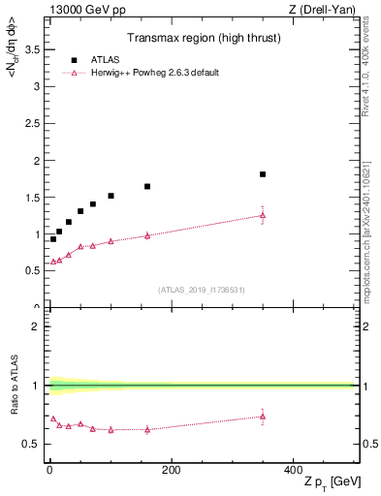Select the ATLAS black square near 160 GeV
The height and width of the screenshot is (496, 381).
pyautogui.click(x=147, y=186)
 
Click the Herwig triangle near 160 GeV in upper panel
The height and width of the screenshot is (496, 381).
pyautogui.click(x=147, y=235)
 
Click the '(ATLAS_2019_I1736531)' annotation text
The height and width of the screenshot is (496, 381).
pyautogui.click(x=201, y=290)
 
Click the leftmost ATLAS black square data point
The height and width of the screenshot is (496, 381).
pyautogui.click(x=53, y=238)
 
